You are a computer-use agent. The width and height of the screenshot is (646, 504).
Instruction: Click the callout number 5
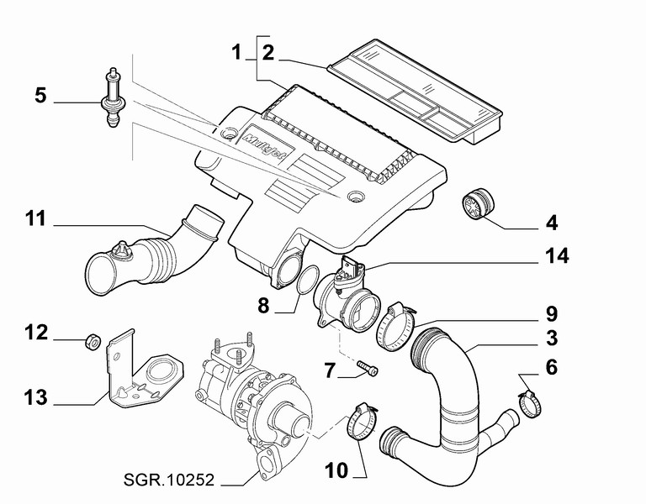[40, 95]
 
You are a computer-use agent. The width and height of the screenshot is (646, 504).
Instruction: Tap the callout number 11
[34, 220]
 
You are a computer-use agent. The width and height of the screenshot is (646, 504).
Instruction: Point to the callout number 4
[552, 224]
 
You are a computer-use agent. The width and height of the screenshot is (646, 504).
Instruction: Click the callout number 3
[552, 339]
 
